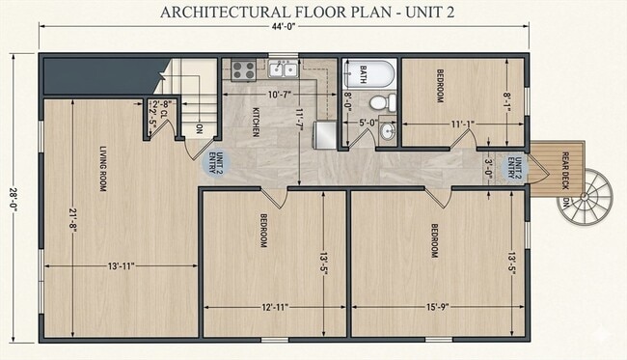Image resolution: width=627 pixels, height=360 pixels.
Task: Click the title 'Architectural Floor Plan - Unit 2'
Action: coord(313,13)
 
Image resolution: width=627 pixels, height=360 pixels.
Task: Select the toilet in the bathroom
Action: coord(380,101)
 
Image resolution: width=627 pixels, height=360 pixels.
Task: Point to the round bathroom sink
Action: coord(387,130)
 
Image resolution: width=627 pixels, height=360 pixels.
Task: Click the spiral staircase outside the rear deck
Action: coord(587,199)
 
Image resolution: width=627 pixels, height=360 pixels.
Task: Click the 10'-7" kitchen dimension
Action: coord(280,94)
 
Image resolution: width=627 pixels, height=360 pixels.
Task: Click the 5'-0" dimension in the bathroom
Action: coord(368,123)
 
